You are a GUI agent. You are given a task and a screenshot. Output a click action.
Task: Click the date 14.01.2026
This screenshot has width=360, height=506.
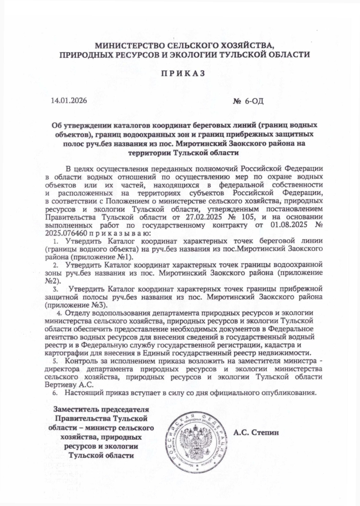[69, 101]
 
